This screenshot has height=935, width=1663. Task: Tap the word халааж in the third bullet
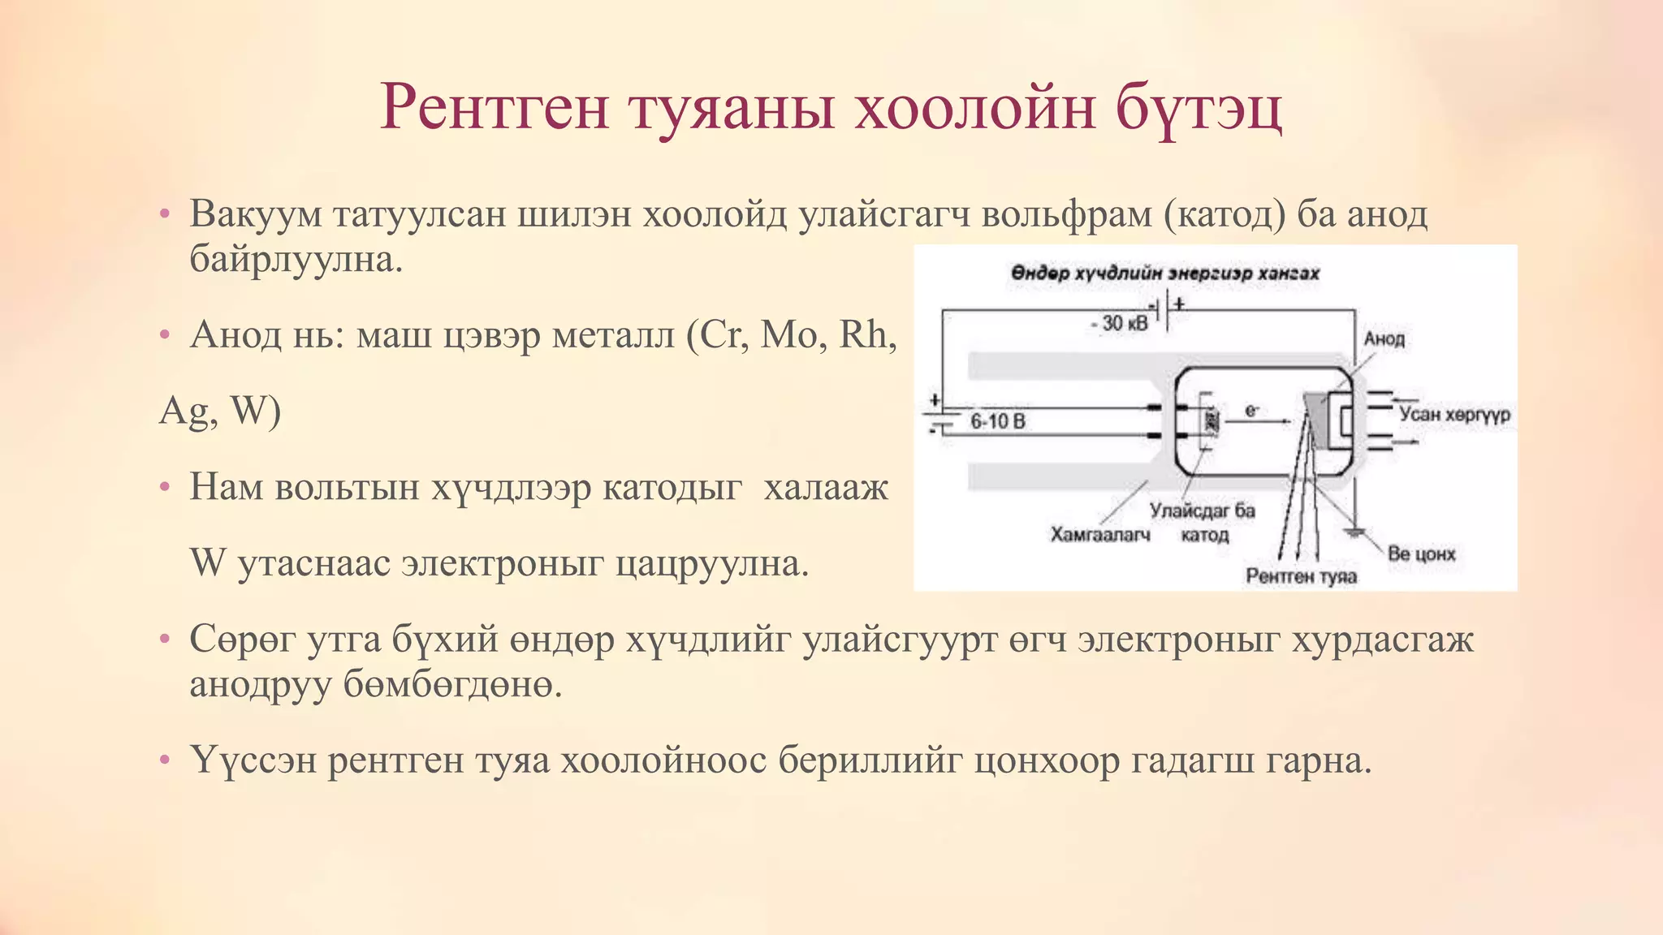point(826,487)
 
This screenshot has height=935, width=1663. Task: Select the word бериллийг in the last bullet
point(870,760)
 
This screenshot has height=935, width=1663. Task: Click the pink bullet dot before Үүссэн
point(165,760)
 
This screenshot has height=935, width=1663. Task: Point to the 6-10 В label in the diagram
point(998,421)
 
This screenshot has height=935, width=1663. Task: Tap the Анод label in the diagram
point(1384,338)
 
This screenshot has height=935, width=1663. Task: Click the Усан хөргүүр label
point(1454,414)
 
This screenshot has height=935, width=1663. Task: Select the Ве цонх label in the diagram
point(1421,554)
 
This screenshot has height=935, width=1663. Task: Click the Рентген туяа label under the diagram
point(1301,576)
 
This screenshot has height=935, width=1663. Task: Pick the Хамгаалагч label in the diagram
point(1100,534)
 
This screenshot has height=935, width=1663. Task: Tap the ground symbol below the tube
point(1354,532)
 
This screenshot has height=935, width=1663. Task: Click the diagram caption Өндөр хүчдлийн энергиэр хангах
point(1164,274)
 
